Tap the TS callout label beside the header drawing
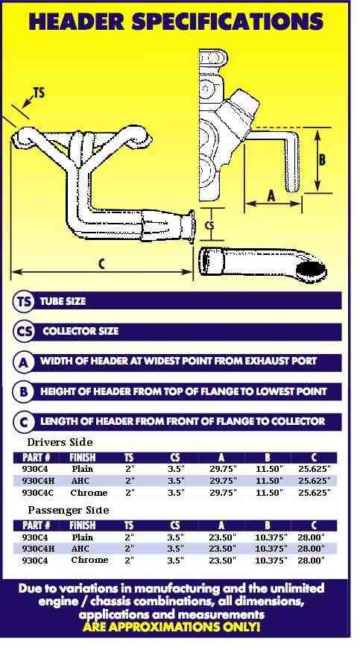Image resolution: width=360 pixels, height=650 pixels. (39, 93)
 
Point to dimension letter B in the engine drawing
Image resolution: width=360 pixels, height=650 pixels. (322, 160)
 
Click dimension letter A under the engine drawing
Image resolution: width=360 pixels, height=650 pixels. (271, 195)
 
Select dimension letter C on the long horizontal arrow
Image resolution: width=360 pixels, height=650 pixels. (102, 264)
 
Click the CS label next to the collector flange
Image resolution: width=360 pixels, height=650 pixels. (210, 226)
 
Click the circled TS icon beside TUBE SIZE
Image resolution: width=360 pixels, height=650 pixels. (23, 301)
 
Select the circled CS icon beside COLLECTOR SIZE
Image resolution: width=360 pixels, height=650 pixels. (23, 332)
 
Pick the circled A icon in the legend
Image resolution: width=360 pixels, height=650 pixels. (23, 362)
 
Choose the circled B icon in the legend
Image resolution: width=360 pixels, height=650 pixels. (23, 392)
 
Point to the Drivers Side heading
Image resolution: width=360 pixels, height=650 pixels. (60, 442)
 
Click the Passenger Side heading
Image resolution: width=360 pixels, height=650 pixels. (69, 510)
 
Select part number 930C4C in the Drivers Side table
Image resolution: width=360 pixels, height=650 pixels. (38, 493)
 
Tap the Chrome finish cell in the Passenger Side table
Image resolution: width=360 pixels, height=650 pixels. (89, 560)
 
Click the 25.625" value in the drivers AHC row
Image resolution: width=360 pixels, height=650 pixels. (315, 481)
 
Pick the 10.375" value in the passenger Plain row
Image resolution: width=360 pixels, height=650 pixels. (271, 537)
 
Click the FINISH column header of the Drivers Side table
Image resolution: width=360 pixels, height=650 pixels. (83, 458)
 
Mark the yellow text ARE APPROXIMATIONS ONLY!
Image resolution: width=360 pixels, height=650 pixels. (171, 626)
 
